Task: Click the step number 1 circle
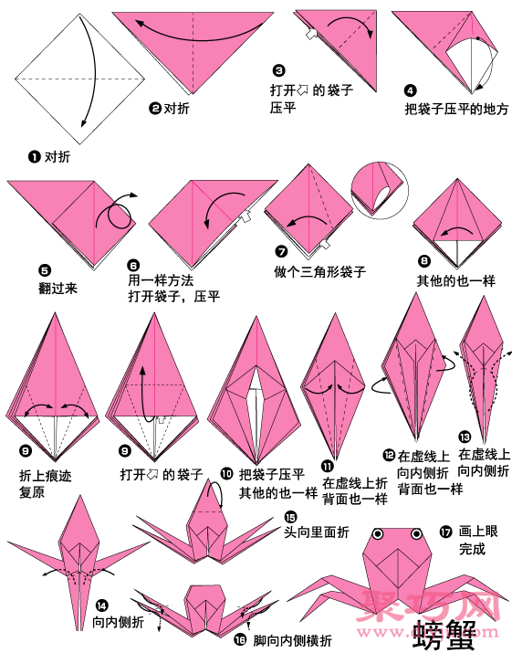(x=35, y=157)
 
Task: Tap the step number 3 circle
(x=278, y=71)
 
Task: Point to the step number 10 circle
(x=226, y=473)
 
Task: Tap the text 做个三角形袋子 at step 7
(x=319, y=271)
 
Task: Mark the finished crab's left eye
(x=376, y=532)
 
